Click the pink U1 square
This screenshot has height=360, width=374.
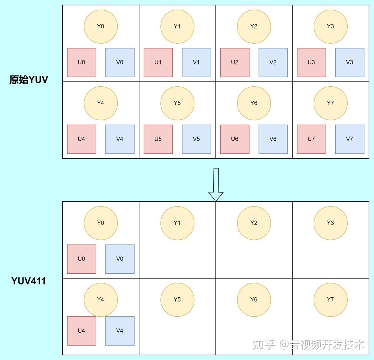tap(158, 63)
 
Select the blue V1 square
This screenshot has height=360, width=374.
tap(197, 63)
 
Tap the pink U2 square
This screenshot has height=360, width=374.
tap(235, 63)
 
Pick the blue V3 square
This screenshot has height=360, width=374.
tap(350, 63)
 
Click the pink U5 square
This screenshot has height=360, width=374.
tap(158, 139)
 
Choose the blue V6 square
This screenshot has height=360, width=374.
tap(273, 139)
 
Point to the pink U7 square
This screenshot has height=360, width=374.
tap(312, 139)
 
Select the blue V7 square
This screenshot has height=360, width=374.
tap(350, 139)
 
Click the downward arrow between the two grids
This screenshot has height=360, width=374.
tap(216, 185)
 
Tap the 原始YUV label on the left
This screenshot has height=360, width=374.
tap(29, 79)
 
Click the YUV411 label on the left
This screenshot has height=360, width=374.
tap(28, 281)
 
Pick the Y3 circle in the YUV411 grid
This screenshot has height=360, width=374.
tap(330, 223)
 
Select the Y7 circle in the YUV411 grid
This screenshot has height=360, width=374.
tap(330, 300)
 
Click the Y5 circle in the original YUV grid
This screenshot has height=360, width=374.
tap(177, 103)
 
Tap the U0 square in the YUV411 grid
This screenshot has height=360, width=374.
tap(82, 259)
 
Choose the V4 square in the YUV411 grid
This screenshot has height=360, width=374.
tap(120, 331)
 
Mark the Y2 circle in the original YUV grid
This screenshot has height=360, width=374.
tap(254, 26)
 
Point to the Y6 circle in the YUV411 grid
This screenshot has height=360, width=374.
tap(254, 300)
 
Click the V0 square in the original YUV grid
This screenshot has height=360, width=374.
tap(120, 63)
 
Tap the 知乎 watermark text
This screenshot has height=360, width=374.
tap(264, 345)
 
